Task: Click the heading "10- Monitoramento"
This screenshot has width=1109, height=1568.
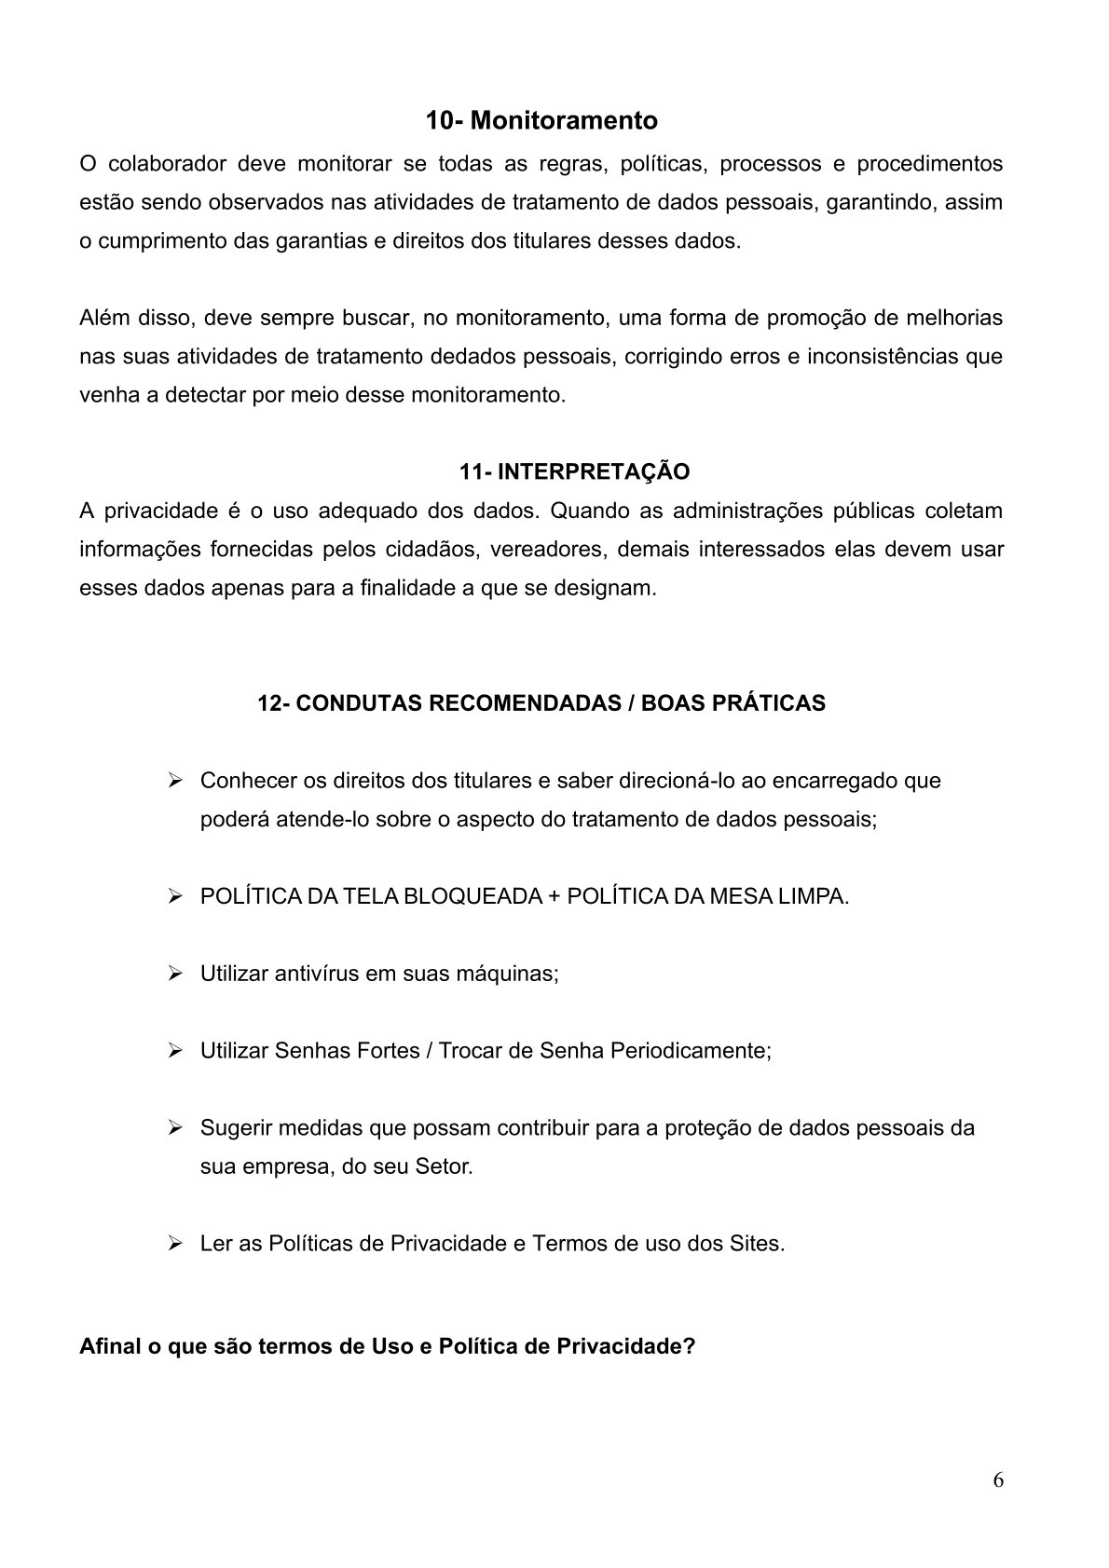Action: pyautogui.click(x=541, y=121)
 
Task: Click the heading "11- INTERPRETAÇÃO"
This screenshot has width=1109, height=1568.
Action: pyautogui.click(x=574, y=471)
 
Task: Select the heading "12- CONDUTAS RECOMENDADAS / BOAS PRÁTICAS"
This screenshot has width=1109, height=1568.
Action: pyautogui.click(x=541, y=703)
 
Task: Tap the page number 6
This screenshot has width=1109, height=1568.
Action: pyautogui.click(x=998, y=1480)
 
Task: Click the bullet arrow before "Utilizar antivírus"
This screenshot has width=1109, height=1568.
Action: pyautogui.click(x=174, y=974)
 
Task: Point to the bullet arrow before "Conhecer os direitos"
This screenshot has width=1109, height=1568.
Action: pyautogui.click(x=174, y=780)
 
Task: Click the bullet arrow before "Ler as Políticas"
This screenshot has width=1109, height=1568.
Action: pyautogui.click(x=174, y=1243)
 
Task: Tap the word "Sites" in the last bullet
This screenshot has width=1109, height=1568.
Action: pyautogui.click(x=756, y=1244)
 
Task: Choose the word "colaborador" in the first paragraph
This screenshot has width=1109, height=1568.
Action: pyautogui.click(x=167, y=165)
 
